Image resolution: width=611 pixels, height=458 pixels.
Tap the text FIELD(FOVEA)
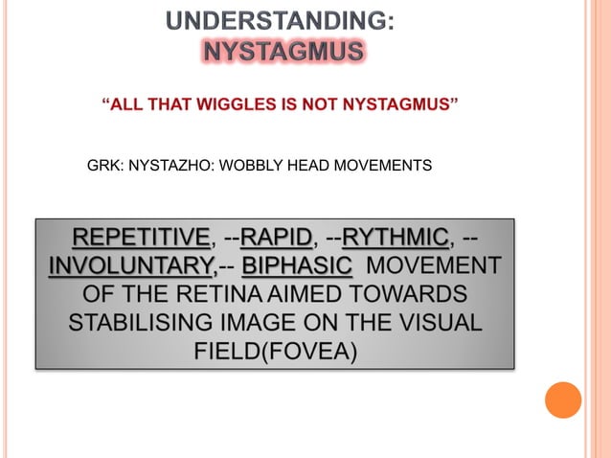tap(276, 350)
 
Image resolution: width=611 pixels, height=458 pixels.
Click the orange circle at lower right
tap(562, 401)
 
